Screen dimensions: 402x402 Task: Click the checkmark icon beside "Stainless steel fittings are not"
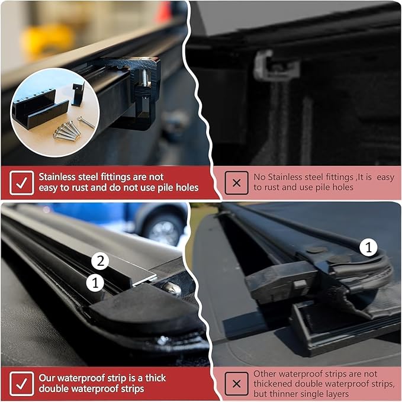[x=22, y=182]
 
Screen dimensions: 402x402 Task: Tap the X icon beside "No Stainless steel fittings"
[x=236, y=182]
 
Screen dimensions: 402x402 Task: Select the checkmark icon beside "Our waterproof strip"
[x=22, y=383]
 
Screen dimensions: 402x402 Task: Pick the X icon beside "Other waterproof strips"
[x=236, y=384]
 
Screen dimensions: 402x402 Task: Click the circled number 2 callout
[x=101, y=261]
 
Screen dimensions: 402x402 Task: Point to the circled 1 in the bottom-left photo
[x=95, y=283]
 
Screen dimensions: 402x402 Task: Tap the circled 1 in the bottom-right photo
[x=368, y=247]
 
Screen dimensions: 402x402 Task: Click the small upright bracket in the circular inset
[x=78, y=93]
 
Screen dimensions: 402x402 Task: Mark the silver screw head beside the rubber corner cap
[x=172, y=288]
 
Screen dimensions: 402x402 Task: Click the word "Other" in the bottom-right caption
[x=265, y=374]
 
